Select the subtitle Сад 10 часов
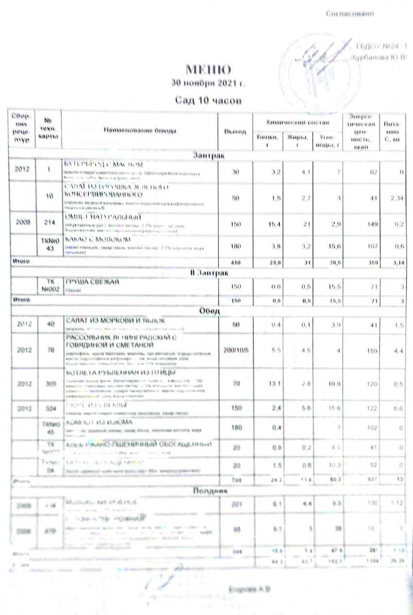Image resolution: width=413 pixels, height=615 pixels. click(208, 100)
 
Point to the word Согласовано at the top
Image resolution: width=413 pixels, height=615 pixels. click(349, 14)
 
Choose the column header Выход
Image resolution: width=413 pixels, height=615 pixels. click(235, 131)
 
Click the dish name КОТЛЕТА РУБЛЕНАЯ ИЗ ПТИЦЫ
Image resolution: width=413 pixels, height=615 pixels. click(107, 372)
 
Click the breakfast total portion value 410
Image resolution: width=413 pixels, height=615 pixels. click(236, 262)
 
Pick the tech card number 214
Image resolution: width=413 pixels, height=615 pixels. click(49, 224)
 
